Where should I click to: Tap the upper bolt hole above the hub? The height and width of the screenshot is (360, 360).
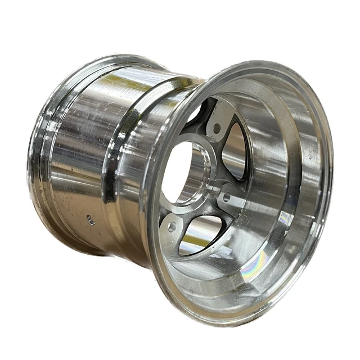(217, 128)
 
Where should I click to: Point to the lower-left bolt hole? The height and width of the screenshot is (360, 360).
(172, 226)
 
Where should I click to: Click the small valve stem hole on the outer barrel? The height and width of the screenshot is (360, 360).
(91, 220)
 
